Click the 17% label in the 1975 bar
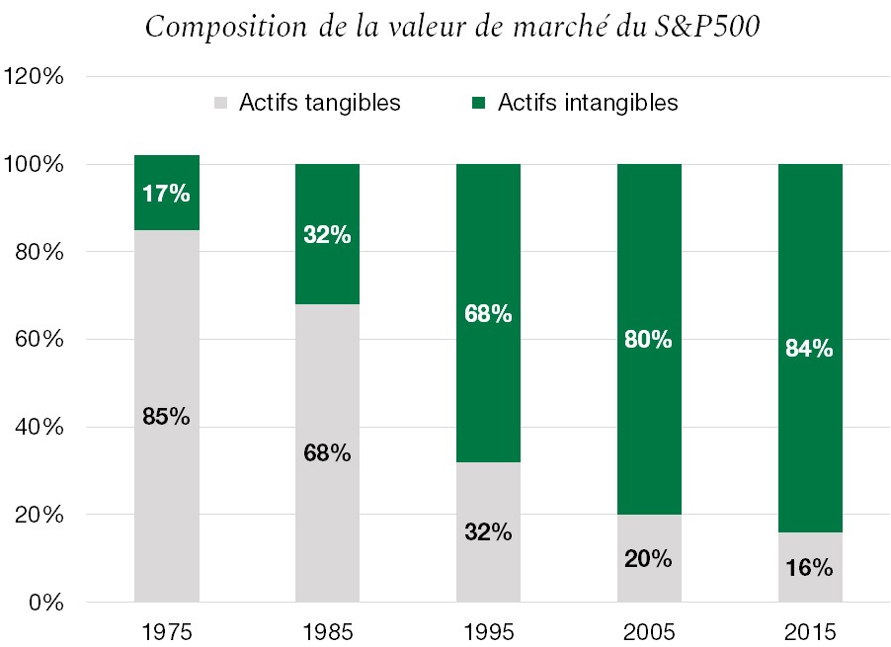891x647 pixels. [x=166, y=194]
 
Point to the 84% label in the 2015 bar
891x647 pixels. [x=810, y=349]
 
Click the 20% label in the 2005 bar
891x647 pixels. [x=649, y=558]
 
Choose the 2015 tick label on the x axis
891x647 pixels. [x=810, y=630]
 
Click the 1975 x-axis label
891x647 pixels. [x=166, y=630]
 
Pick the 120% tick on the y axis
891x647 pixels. [x=38, y=76]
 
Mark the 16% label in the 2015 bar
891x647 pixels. [x=810, y=568]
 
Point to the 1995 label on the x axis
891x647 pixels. [x=488, y=630]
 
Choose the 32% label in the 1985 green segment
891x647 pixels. [x=327, y=235]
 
